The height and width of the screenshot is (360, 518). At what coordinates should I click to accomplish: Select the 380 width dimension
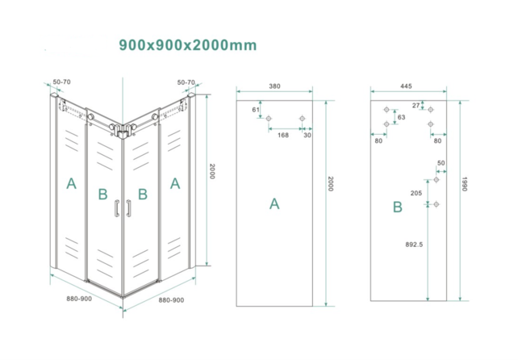tap(274, 86)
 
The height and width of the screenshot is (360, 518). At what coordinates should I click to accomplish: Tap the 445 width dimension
tap(405, 86)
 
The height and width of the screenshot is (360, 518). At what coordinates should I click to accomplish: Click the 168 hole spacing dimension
tap(283, 135)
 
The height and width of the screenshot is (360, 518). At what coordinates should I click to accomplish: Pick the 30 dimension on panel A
tap(308, 135)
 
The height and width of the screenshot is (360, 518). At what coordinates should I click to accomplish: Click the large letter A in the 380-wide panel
tap(274, 204)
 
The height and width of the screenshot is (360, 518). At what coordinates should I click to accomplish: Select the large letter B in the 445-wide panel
tap(397, 207)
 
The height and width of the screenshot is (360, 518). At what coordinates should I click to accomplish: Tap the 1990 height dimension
tap(466, 185)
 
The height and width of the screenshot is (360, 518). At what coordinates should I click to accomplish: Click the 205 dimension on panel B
tap(416, 193)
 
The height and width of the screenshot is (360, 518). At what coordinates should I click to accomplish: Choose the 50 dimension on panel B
tap(441, 164)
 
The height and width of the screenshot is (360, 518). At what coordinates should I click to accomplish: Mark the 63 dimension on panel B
tap(401, 118)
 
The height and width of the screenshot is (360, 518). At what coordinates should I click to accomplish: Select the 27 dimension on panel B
tap(416, 105)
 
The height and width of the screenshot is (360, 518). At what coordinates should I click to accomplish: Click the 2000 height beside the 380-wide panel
tap(330, 185)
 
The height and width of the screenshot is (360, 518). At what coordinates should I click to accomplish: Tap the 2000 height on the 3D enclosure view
tap(212, 171)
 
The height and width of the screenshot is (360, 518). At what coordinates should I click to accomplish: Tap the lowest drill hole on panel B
tap(437, 204)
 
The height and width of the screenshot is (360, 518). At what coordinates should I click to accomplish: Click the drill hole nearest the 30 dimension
tap(303, 119)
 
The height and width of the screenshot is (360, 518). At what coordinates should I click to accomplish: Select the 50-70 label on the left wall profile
tap(61, 82)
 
